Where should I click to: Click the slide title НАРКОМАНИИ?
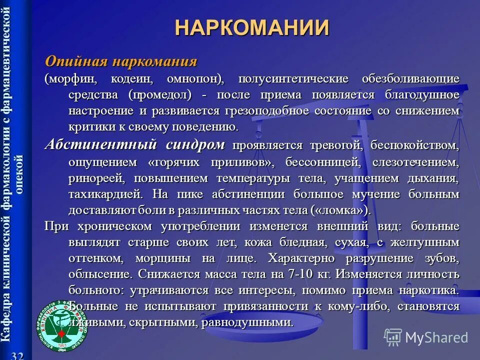252,27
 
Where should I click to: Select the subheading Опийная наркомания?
121,61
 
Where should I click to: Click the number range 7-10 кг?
312,274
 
